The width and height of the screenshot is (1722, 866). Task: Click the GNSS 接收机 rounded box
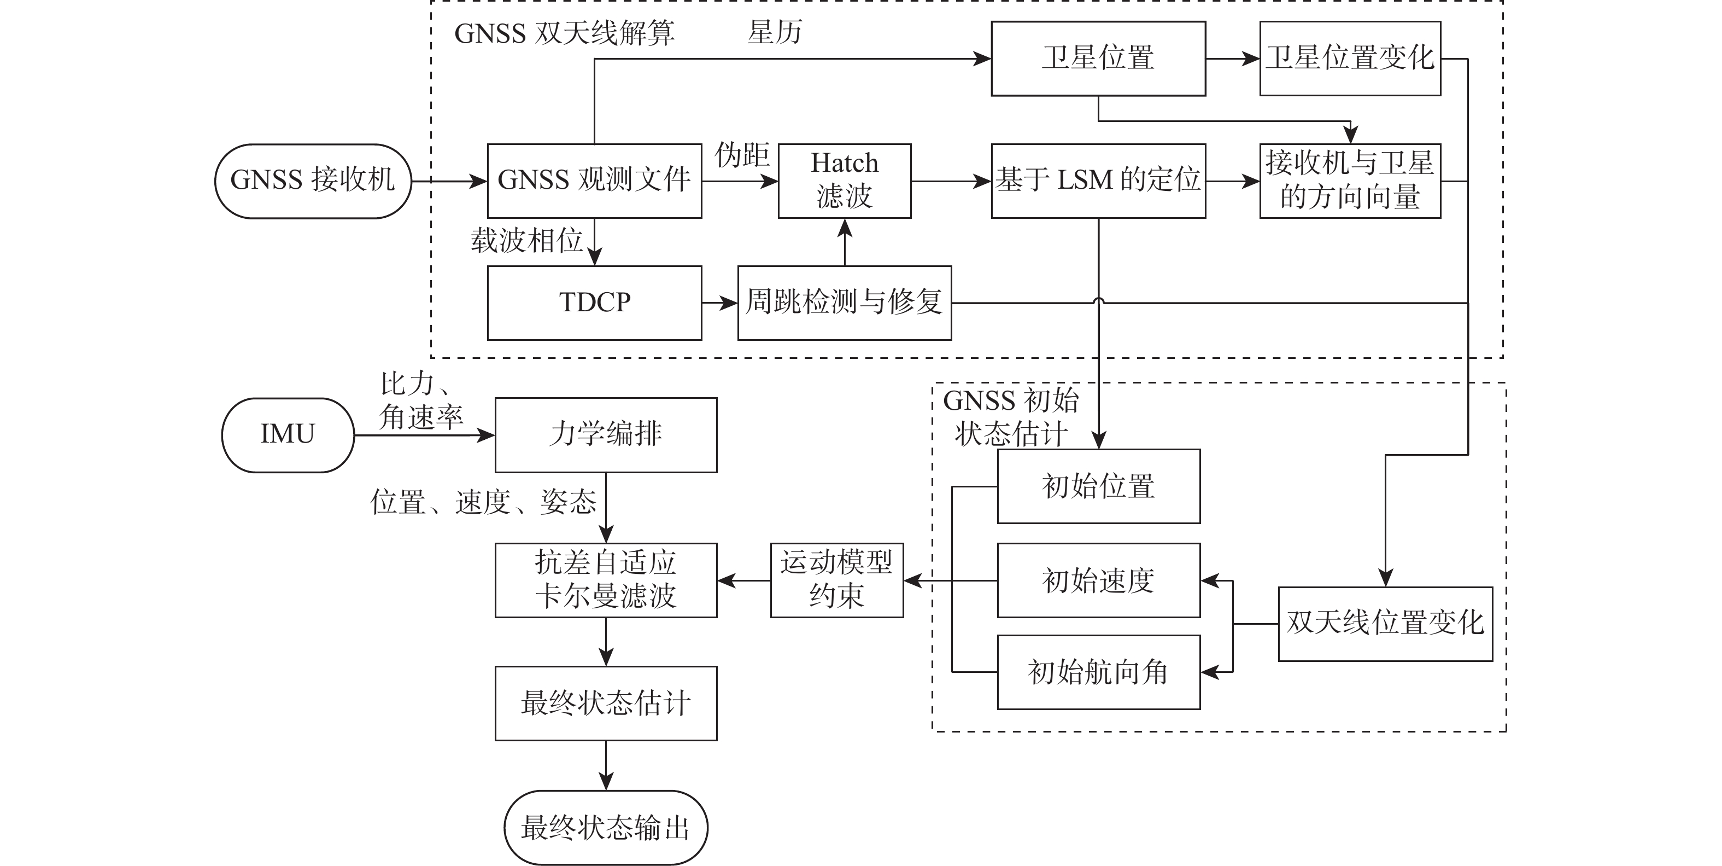click(x=312, y=181)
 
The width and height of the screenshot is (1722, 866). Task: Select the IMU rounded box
click(x=288, y=435)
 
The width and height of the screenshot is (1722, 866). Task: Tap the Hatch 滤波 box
click(x=844, y=181)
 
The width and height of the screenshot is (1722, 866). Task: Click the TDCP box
click(x=594, y=303)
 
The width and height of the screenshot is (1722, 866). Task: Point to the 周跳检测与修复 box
click(x=844, y=303)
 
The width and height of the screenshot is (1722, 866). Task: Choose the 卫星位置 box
click(x=1098, y=58)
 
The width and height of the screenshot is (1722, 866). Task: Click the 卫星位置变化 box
click(x=1350, y=58)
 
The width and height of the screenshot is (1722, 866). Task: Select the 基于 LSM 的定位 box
click(x=1098, y=181)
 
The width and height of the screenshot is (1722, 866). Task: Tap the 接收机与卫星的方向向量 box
click(x=1350, y=181)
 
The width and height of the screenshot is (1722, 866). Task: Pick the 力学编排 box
click(x=606, y=435)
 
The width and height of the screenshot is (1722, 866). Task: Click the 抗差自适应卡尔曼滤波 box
click(x=606, y=580)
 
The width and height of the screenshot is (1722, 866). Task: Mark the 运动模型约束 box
click(x=836, y=580)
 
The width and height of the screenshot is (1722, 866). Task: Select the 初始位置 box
click(x=1098, y=486)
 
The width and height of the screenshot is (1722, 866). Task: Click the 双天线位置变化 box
click(x=1385, y=623)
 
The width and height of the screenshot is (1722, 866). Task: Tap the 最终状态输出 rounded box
click(x=606, y=827)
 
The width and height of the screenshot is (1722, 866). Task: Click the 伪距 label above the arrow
click(x=742, y=156)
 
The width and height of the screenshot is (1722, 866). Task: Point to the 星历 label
click(x=775, y=32)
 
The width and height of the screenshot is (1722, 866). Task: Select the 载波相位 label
click(x=526, y=241)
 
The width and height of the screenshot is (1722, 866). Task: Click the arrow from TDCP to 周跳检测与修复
click(x=719, y=303)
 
